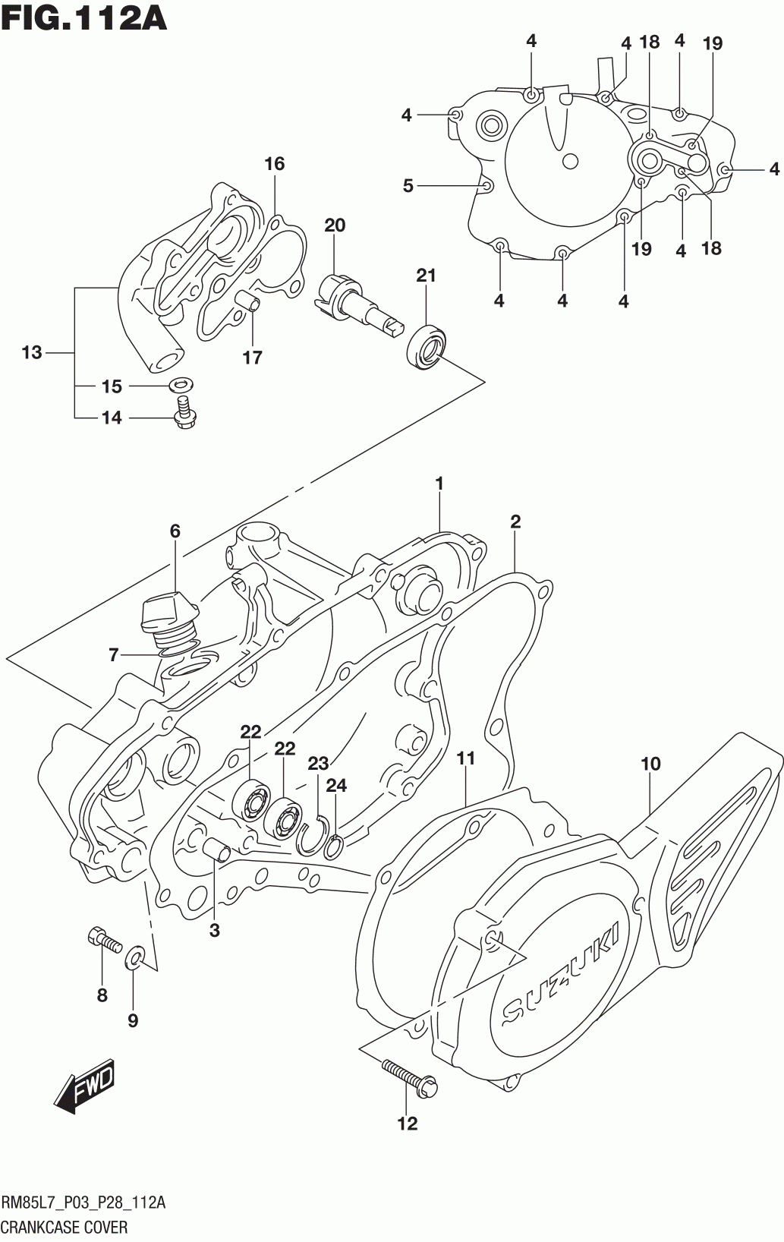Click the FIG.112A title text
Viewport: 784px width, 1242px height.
point(84,17)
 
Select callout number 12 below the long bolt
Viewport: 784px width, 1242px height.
point(408,1124)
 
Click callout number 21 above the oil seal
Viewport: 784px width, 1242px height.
point(426,276)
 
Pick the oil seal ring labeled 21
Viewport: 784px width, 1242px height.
point(427,347)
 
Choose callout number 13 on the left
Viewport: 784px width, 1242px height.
point(32,352)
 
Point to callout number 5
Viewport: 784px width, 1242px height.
point(408,186)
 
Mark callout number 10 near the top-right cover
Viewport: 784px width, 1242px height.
point(651,764)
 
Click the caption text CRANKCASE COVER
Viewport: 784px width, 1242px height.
point(65,1228)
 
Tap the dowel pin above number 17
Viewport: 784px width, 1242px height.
point(248,301)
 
